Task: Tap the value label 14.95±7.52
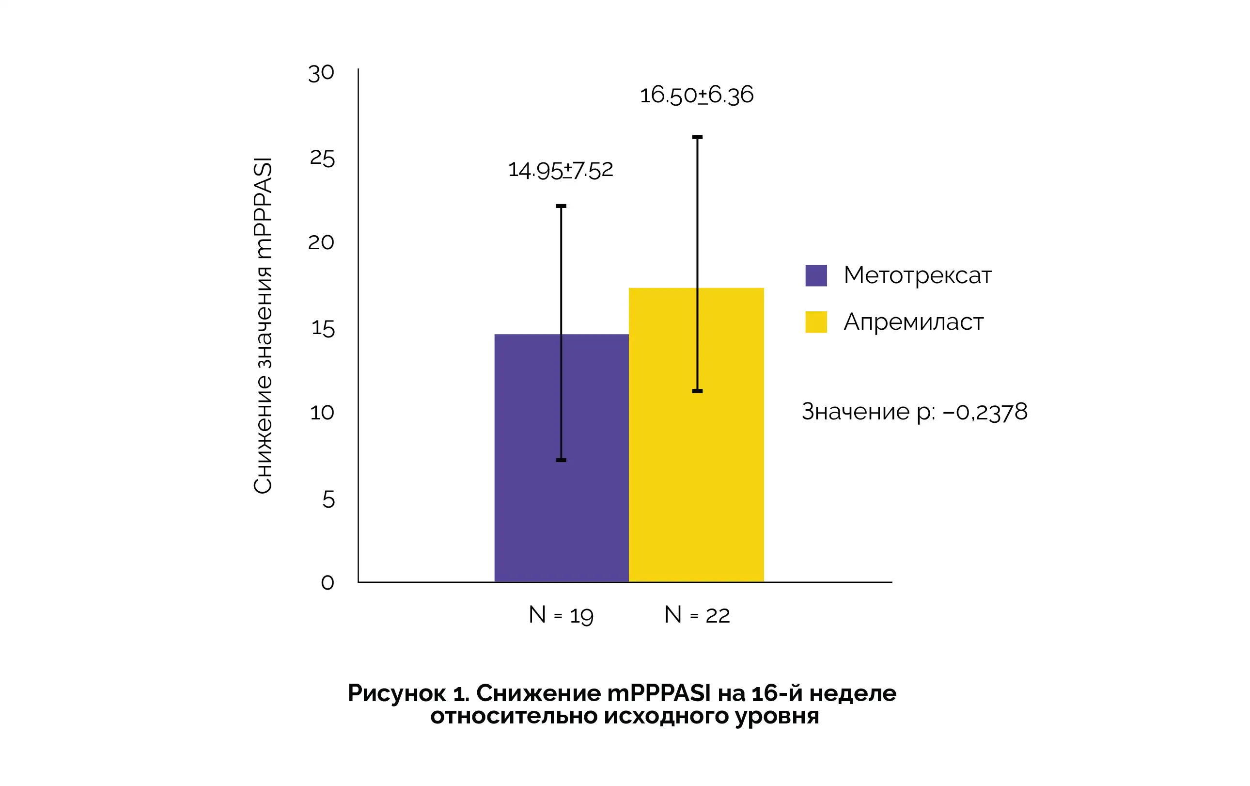(561, 170)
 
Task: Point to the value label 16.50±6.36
(696, 95)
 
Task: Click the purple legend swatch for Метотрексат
(815, 275)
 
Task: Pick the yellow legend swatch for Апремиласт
(815, 322)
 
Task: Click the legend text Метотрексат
(917, 275)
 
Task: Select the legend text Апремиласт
(913, 322)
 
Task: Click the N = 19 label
(561, 615)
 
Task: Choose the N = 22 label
(697, 615)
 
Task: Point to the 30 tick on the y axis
(321, 73)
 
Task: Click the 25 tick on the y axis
(322, 159)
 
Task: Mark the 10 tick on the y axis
(322, 413)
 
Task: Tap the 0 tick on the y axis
(327, 582)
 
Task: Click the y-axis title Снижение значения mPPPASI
(263, 326)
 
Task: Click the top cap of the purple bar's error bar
(561, 206)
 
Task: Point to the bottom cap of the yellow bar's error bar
(697, 391)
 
